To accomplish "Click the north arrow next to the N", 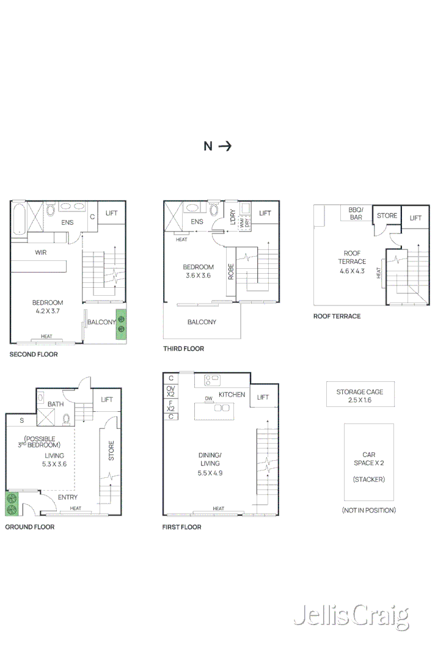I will point(225,146).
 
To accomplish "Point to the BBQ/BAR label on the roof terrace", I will point(356,213).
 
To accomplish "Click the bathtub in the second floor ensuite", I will point(18,218).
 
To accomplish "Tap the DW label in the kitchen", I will point(209,398).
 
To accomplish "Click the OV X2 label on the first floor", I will point(171,391).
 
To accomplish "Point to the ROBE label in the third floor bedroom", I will point(231,271).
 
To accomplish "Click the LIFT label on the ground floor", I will point(107,400).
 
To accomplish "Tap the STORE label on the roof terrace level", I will point(387,216).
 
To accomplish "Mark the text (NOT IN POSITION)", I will point(368,510).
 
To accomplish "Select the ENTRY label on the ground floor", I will point(67,497).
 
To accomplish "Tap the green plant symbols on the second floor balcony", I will point(121,324).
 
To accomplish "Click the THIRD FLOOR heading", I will point(183,349).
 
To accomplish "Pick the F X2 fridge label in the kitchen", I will point(171,406).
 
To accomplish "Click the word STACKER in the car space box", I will point(368,480).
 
